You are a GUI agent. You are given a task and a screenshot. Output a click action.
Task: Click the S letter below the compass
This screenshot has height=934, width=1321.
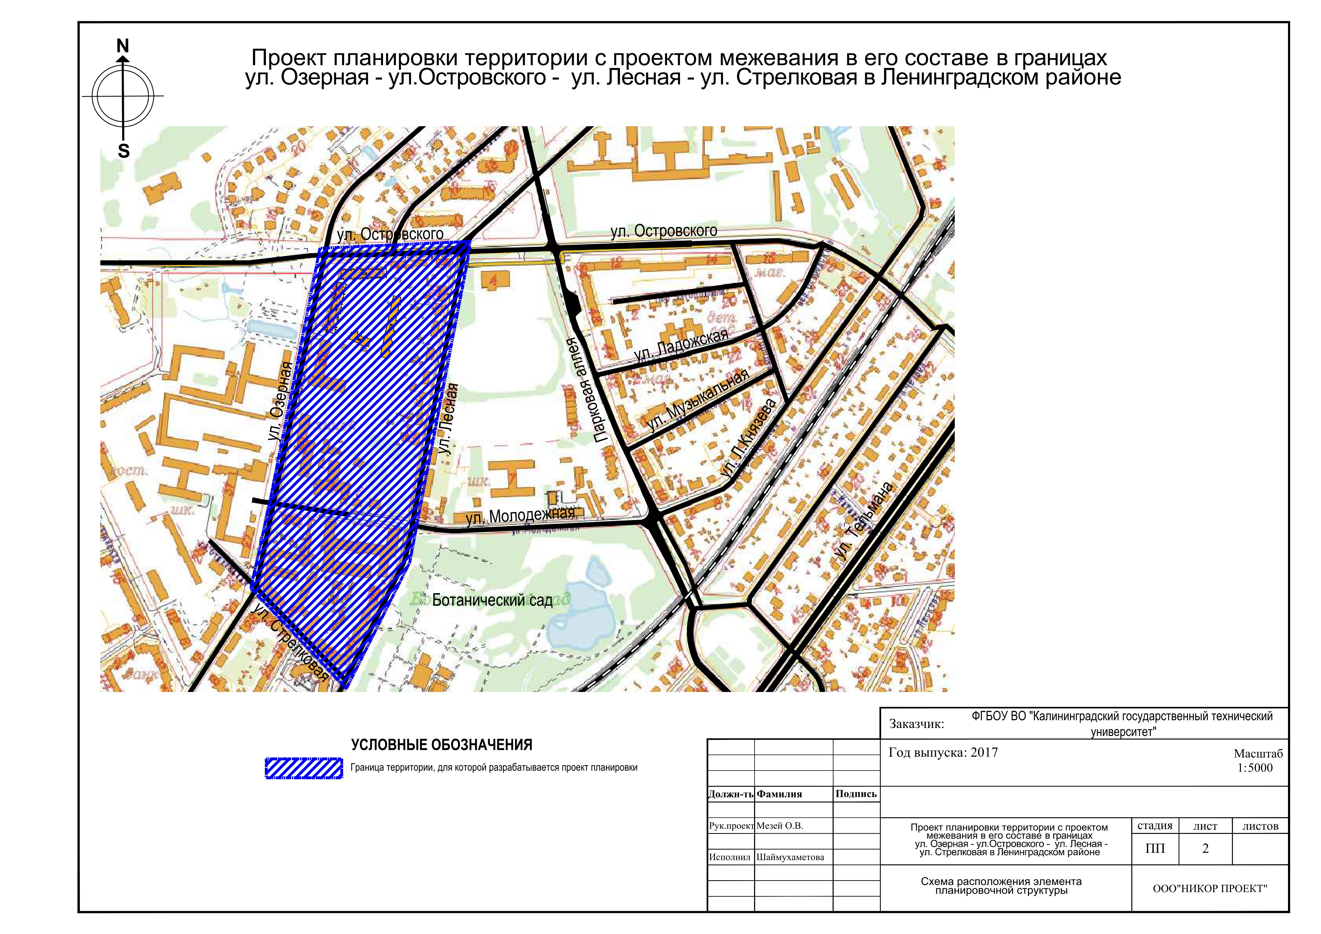click(124, 151)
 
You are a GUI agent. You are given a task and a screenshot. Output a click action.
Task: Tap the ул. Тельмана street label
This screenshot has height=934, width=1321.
click(864, 521)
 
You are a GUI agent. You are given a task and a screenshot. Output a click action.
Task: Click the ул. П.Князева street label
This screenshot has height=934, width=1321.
click(748, 439)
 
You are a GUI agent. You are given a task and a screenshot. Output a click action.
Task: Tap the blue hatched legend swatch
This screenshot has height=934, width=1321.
click(304, 768)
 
